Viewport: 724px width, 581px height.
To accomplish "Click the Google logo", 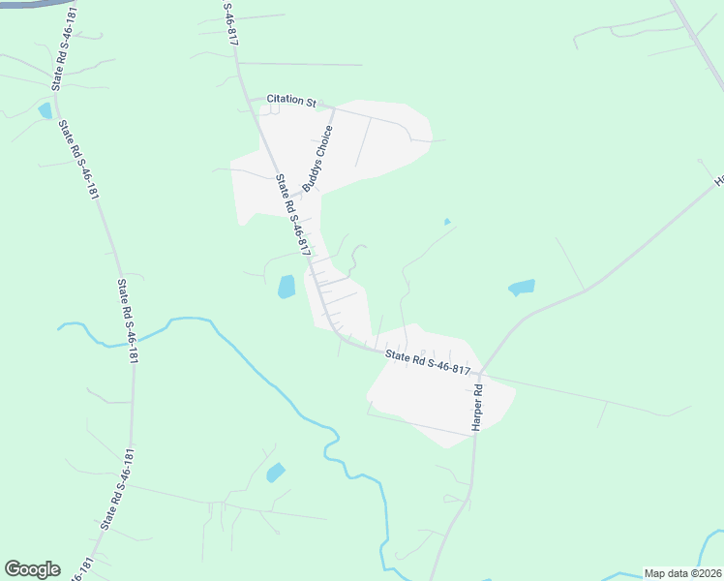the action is point(32,569).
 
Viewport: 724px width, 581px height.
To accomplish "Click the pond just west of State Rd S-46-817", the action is point(287,287).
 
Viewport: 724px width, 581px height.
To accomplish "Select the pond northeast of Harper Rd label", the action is point(522,287).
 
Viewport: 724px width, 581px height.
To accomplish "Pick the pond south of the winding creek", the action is point(276,473).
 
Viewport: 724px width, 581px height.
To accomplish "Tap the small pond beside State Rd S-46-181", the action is point(45,110).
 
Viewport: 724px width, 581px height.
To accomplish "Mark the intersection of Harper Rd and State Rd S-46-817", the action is point(479,374).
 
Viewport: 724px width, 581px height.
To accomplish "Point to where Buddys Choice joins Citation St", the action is point(334,107).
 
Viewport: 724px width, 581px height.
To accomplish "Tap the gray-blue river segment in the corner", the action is point(29,4).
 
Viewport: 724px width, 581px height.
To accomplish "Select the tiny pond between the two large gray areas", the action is point(446,222).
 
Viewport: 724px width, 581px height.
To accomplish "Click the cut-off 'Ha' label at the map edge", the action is point(718,181).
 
